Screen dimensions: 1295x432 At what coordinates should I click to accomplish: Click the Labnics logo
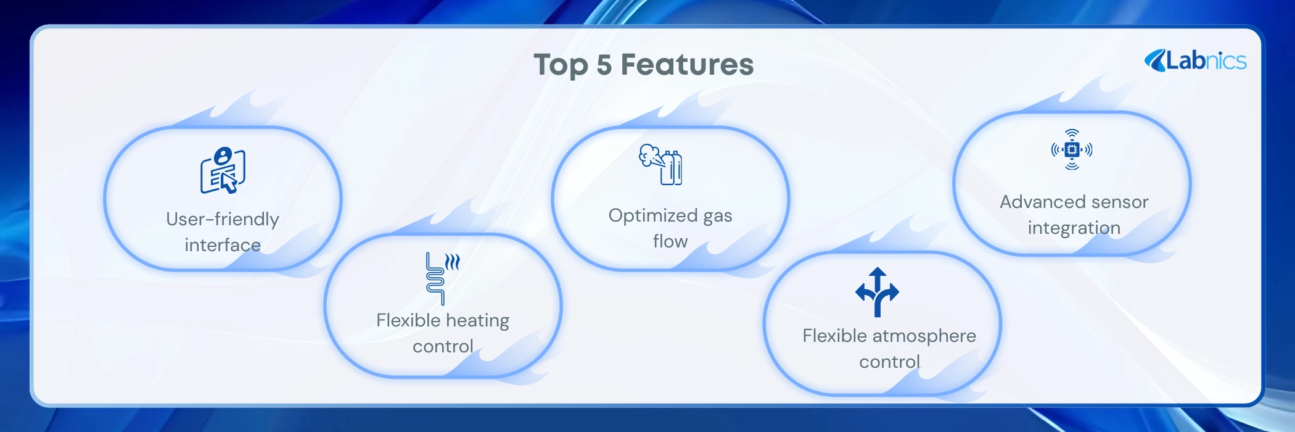tap(1195, 60)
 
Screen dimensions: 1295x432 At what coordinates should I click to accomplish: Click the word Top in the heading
tap(561, 65)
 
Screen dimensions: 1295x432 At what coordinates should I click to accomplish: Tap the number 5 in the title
tap(604, 65)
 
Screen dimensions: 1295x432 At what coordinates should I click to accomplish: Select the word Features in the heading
tap(687, 65)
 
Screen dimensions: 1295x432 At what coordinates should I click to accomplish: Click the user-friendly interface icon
tap(223, 170)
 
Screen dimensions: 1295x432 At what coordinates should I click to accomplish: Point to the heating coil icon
tap(442, 278)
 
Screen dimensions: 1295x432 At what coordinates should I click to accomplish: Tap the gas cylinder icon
tap(660, 164)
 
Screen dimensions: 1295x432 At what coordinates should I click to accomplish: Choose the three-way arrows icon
tap(877, 292)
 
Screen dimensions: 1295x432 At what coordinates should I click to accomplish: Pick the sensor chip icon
tap(1072, 149)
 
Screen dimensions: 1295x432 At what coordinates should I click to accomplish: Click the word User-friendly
tap(223, 219)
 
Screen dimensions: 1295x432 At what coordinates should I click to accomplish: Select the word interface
tap(223, 245)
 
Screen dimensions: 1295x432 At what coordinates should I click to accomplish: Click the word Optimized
tap(653, 216)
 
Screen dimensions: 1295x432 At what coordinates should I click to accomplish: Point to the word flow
tap(670, 241)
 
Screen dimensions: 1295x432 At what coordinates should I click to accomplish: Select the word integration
tap(1074, 228)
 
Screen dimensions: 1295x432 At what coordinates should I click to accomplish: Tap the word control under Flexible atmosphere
tap(890, 362)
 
